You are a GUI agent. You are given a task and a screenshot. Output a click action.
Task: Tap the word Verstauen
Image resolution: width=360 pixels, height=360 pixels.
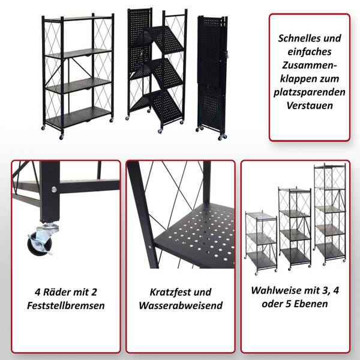point(309,106)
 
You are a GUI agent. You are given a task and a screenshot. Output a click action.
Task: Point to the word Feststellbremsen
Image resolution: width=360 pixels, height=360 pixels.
point(66,305)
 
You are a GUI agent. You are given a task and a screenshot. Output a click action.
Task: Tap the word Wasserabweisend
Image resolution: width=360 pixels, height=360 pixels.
point(180,305)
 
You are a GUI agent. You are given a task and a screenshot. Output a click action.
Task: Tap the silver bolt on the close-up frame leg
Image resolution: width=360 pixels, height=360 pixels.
point(54,190)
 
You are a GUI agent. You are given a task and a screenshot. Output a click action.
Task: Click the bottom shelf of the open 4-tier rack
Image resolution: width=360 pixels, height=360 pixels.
point(78,116)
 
